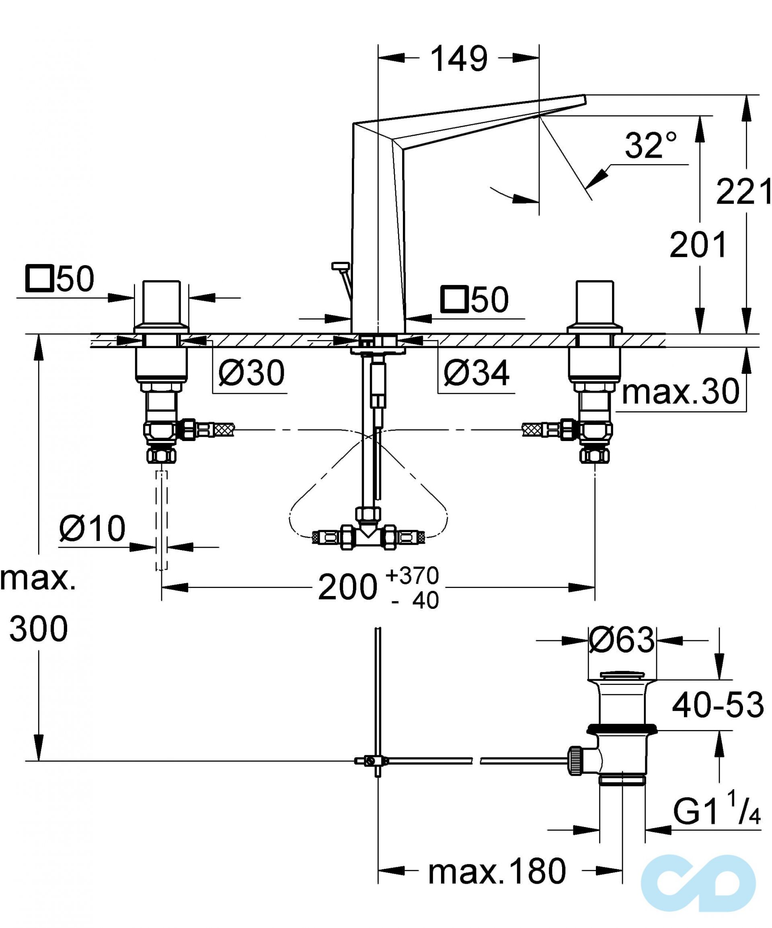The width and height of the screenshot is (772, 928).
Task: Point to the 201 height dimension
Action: pos(698,244)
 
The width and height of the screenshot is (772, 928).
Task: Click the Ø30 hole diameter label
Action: pos(252,373)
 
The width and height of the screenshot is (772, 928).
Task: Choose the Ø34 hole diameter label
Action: pos(476,373)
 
